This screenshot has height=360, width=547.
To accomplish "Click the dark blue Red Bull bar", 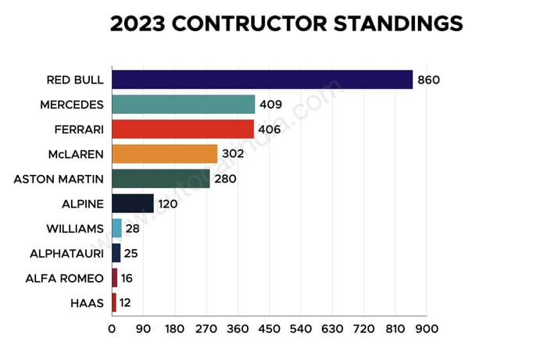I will tap(262, 80).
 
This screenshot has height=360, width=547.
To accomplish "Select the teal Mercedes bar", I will tap(184, 105).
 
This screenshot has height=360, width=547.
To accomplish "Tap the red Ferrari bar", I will tap(183, 129).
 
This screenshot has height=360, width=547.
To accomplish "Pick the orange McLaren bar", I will tap(165, 154).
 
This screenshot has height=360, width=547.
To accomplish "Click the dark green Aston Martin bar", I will tap(161, 179).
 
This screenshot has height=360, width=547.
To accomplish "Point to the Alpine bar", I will tap(133, 204).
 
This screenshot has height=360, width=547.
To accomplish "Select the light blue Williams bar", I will tap(117, 228).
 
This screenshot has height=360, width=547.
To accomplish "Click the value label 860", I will tap(429, 80).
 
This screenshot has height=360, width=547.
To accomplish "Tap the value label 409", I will tap(271, 105).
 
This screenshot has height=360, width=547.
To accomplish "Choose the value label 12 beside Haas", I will tap(126, 302).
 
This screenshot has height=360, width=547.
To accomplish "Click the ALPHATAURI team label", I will tap(68, 253).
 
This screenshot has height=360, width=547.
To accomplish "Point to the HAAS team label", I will tap(88, 302).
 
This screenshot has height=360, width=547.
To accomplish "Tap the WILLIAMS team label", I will tap(75, 228).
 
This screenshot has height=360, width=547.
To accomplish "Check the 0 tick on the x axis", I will tap(112, 328).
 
